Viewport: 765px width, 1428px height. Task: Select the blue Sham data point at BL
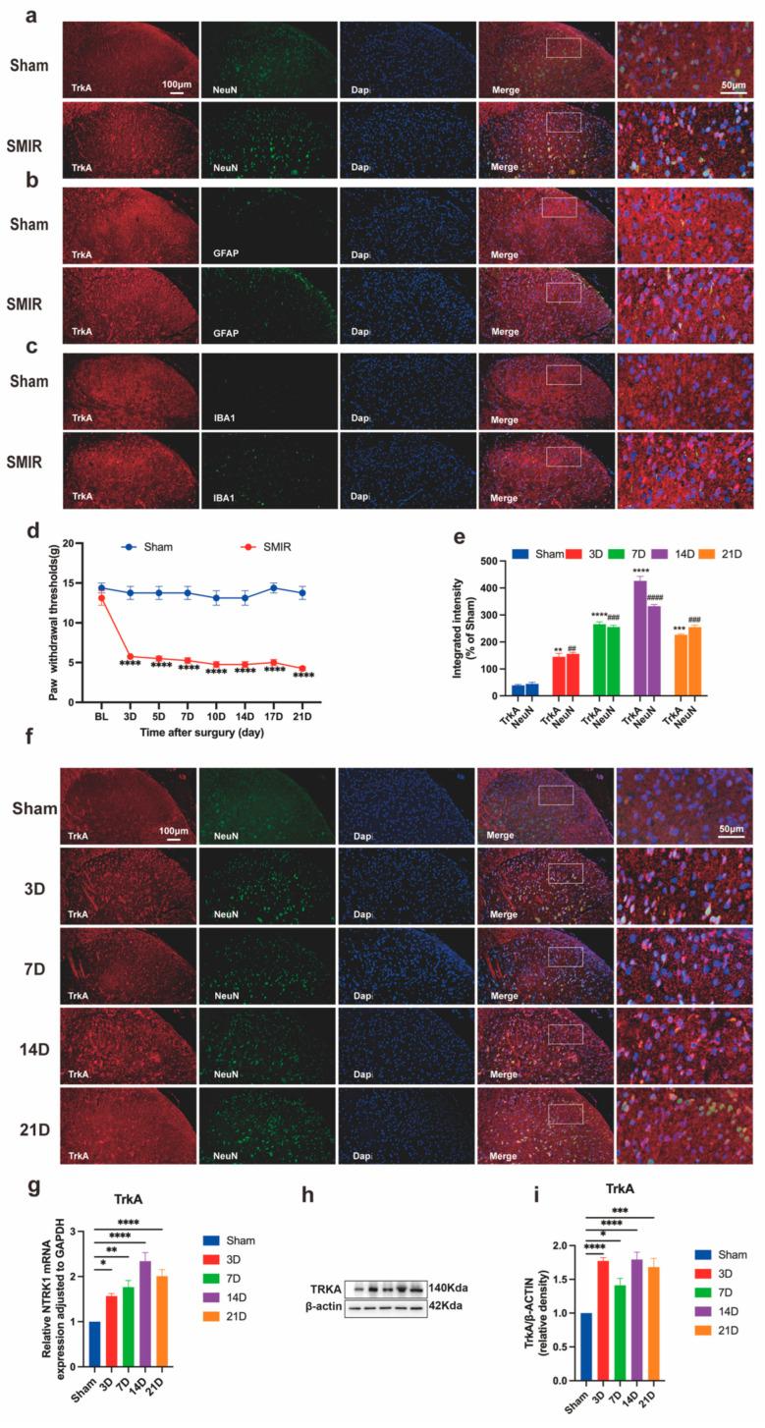(x=101, y=587)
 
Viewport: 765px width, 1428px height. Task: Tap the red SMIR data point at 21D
(x=302, y=669)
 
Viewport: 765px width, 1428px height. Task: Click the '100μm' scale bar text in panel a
(x=177, y=84)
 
